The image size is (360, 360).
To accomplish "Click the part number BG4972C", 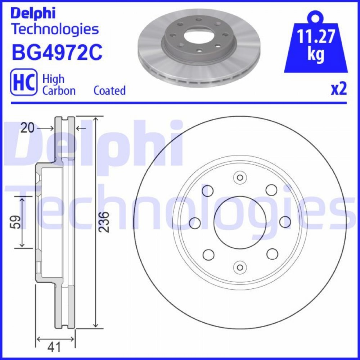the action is point(57,53).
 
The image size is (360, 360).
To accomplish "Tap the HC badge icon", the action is point(24,82).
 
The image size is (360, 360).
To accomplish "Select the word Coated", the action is point(109,90).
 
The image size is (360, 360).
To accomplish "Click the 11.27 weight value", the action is point(316,36).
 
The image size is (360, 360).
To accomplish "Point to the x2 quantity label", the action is point(339,89).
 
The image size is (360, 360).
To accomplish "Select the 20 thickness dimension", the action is point(27,128).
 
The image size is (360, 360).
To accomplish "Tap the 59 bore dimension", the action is point(15,222).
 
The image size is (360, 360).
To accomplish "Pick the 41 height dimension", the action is point(54,347).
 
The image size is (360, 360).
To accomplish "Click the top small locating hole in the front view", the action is point(240,177).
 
